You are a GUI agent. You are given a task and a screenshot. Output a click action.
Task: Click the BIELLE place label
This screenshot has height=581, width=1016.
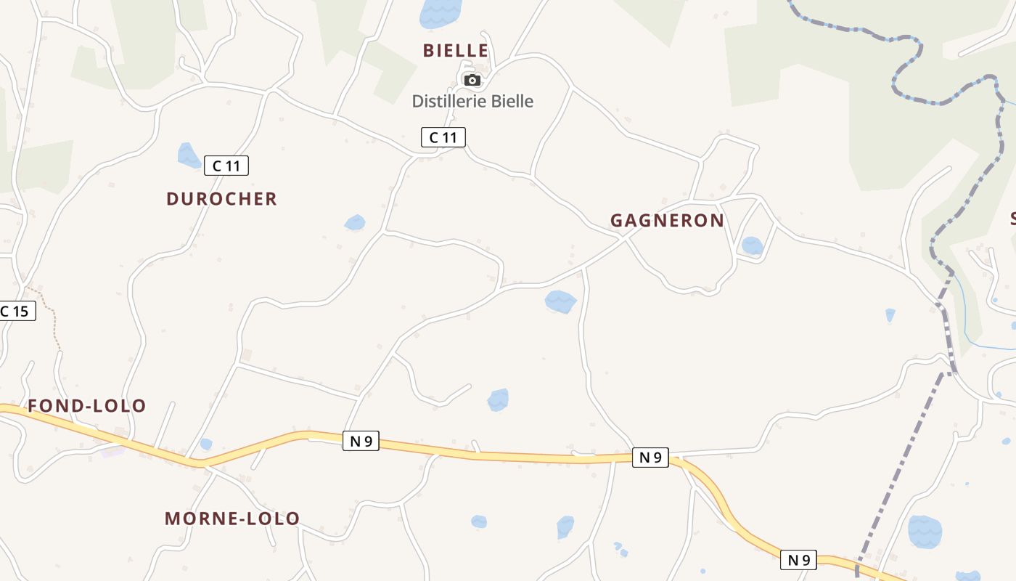click(x=456, y=50)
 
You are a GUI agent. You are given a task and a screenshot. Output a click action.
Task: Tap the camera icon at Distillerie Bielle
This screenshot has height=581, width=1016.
click(x=472, y=80)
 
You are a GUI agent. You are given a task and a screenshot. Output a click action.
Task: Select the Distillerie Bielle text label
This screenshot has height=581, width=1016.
click(x=472, y=101)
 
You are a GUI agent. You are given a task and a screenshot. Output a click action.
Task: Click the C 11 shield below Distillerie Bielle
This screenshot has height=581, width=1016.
click(x=443, y=137)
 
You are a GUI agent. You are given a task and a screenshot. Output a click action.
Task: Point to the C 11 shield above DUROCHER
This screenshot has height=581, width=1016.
click(x=226, y=166)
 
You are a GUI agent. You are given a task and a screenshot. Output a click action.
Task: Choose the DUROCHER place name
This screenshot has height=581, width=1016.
click(x=221, y=199)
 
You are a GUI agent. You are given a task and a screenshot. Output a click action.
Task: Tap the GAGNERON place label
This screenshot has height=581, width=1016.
click(x=667, y=221)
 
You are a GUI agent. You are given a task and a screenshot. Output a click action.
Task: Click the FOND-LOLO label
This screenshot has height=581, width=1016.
click(x=87, y=406)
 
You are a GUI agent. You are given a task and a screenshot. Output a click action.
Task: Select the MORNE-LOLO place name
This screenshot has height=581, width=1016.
click(x=232, y=519)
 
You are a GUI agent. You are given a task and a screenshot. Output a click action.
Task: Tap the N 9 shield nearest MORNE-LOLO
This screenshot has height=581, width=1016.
click(x=361, y=440)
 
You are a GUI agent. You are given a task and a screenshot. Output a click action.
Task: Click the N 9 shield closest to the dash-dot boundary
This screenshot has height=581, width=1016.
click(x=798, y=560)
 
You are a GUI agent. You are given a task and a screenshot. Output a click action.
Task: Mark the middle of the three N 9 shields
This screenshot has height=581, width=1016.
click(x=650, y=457)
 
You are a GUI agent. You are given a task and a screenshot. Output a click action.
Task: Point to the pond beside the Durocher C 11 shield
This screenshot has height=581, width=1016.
click(x=189, y=155)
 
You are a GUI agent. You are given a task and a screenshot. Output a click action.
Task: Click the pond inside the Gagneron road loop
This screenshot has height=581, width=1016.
click(x=752, y=245)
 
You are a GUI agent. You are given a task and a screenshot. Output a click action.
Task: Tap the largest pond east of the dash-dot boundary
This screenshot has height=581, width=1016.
click(x=925, y=532)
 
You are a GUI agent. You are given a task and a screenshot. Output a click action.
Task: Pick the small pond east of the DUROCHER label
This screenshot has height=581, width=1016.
click(x=355, y=222)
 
